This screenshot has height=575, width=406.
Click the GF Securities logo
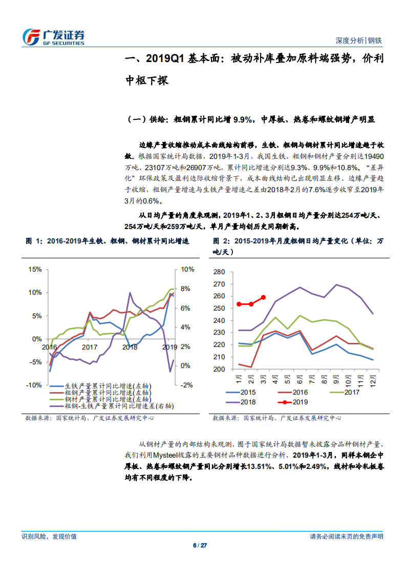(x=53, y=36)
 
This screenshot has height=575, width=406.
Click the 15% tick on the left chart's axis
(x=35, y=269)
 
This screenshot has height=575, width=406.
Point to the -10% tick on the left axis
(x=34, y=385)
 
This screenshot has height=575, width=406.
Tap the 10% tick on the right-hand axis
(x=188, y=269)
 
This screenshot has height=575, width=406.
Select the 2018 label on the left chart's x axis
(x=130, y=347)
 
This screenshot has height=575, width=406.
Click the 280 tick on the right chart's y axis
(x=218, y=272)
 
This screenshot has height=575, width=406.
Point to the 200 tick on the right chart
(x=218, y=369)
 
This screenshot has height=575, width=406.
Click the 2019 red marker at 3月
(x=263, y=297)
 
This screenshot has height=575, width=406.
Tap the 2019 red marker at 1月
(x=239, y=304)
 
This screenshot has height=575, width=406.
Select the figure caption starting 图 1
(x=108, y=240)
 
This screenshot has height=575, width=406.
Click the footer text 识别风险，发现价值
(x=49, y=536)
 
